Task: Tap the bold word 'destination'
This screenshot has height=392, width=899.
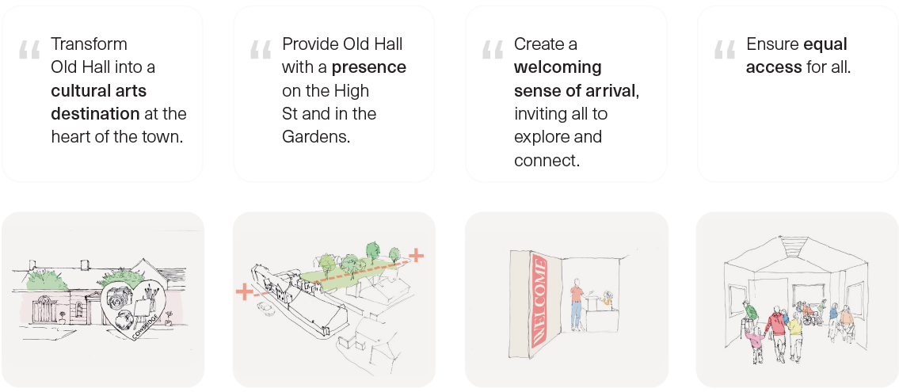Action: [95, 114]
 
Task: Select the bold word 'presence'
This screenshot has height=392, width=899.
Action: [368, 67]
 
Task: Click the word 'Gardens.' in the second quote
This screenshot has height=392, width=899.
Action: [316, 138]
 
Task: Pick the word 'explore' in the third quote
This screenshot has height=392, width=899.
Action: [541, 138]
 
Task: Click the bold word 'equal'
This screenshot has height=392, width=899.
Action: [825, 44]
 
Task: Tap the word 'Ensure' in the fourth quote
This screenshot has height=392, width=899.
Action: [772, 44]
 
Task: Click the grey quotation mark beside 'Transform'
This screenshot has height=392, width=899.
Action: [29, 49]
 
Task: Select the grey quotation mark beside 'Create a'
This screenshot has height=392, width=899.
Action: [492, 49]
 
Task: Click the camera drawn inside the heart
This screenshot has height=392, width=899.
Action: [120, 295]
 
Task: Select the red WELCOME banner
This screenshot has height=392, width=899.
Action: [539, 299]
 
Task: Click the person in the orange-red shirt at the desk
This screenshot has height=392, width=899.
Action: [576, 304]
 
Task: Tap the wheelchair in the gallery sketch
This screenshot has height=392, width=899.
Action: [809, 317]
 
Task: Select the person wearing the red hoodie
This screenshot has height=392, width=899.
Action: [777, 333]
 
